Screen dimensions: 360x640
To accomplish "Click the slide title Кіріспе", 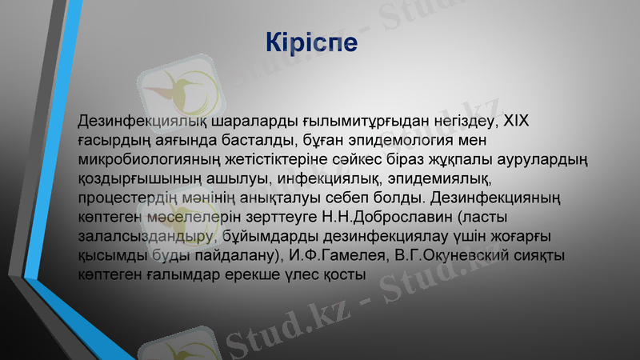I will (311, 42).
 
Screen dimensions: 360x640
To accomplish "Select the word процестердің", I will (133, 197).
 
